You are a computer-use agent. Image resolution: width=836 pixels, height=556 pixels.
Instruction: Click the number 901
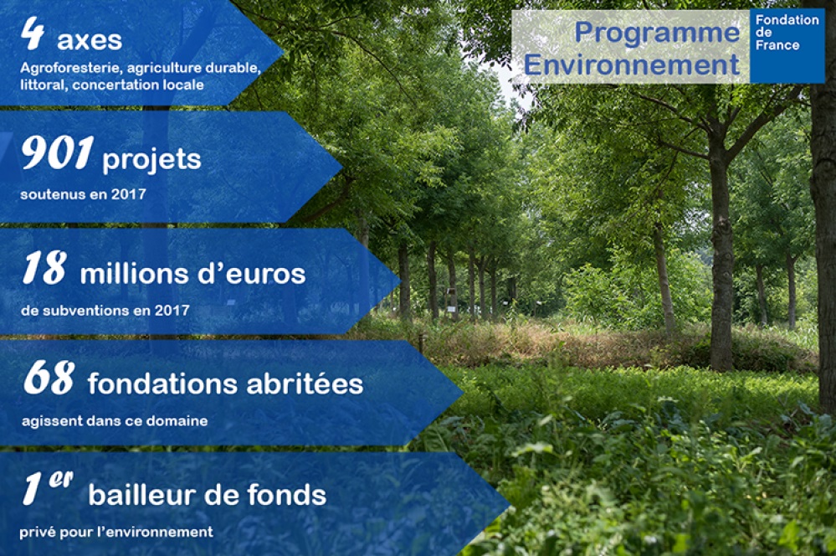[x=58, y=152]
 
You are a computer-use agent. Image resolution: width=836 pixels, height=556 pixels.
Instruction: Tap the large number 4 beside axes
[x=33, y=33]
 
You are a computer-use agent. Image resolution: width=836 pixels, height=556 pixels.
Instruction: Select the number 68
[x=49, y=378]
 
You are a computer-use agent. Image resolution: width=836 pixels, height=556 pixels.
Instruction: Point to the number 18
[x=45, y=267]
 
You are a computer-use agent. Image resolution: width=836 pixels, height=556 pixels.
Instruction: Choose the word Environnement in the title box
[x=632, y=65]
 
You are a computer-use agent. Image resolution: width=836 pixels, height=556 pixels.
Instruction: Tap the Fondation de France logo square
[x=787, y=46]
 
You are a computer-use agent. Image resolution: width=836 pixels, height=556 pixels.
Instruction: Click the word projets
[x=151, y=160]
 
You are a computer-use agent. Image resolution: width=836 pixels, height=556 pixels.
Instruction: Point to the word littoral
[x=44, y=85]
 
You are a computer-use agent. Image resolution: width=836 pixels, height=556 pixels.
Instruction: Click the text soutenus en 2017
[x=83, y=194]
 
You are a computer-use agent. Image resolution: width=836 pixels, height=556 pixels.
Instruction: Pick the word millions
[x=135, y=275]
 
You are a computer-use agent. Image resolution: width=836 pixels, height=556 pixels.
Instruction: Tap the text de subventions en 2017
[x=105, y=311]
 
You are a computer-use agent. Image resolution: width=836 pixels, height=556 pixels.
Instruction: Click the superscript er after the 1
[x=61, y=479]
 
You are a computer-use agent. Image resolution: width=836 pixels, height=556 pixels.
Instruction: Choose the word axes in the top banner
[x=90, y=41]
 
